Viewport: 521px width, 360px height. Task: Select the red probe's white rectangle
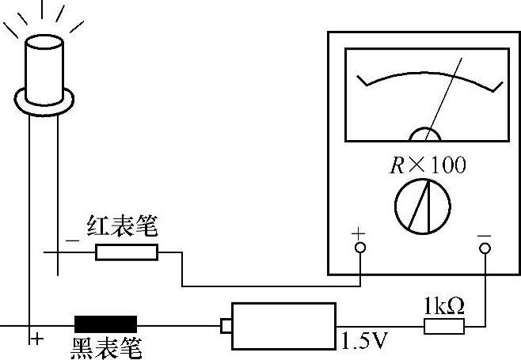pos(127,252)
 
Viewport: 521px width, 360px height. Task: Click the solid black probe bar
pos(105,324)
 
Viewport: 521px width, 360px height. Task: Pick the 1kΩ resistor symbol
pos(444,326)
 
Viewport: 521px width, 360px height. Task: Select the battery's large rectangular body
pos(283,325)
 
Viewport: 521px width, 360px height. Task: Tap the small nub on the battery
pos(226,325)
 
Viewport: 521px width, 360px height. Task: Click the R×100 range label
pos(428,165)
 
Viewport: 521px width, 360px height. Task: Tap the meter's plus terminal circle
pos(359,248)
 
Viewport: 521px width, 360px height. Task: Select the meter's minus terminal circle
pos(485,248)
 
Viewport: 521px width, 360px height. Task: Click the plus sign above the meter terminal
pos(359,233)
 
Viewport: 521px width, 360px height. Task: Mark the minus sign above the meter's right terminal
pos(484,234)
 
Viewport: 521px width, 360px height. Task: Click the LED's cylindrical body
pos(44,67)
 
